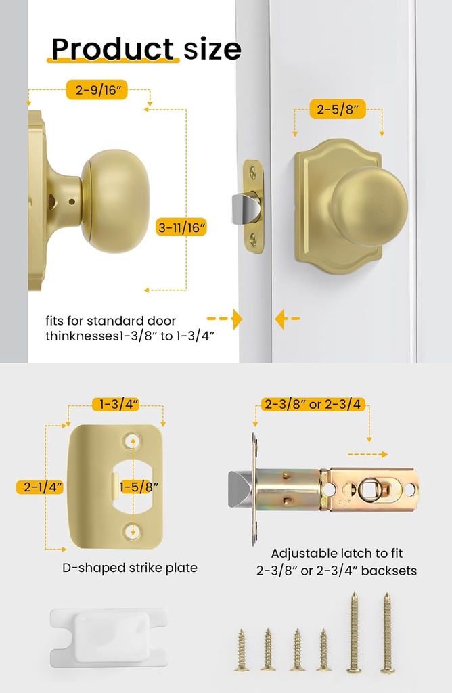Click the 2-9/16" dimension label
pyautogui.click(x=97, y=89)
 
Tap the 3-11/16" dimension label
pyautogui.click(x=181, y=228)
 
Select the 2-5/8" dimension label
pyautogui.click(x=338, y=109)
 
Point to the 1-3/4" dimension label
pyautogui.click(x=116, y=405)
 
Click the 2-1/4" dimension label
pyautogui.click(x=40, y=486)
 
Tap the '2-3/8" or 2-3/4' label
pyautogui.click(x=312, y=405)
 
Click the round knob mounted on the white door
pyautogui.click(x=369, y=206)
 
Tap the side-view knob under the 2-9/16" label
pyautogui.click(x=115, y=201)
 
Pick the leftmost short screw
pyautogui.click(x=242, y=650)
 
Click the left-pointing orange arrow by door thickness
pyautogui.click(x=288, y=318)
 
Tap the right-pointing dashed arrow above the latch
pyautogui.click(x=368, y=454)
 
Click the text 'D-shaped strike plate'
pyautogui.click(x=130, y=568)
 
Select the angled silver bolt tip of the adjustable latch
pyautogui.click(x=240, y=489)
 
